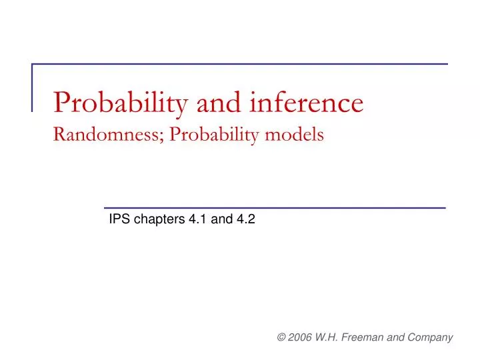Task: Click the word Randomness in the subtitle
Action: coord(108,135)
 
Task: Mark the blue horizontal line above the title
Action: coord(240,65)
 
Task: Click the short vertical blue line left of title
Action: coord(33,87)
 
